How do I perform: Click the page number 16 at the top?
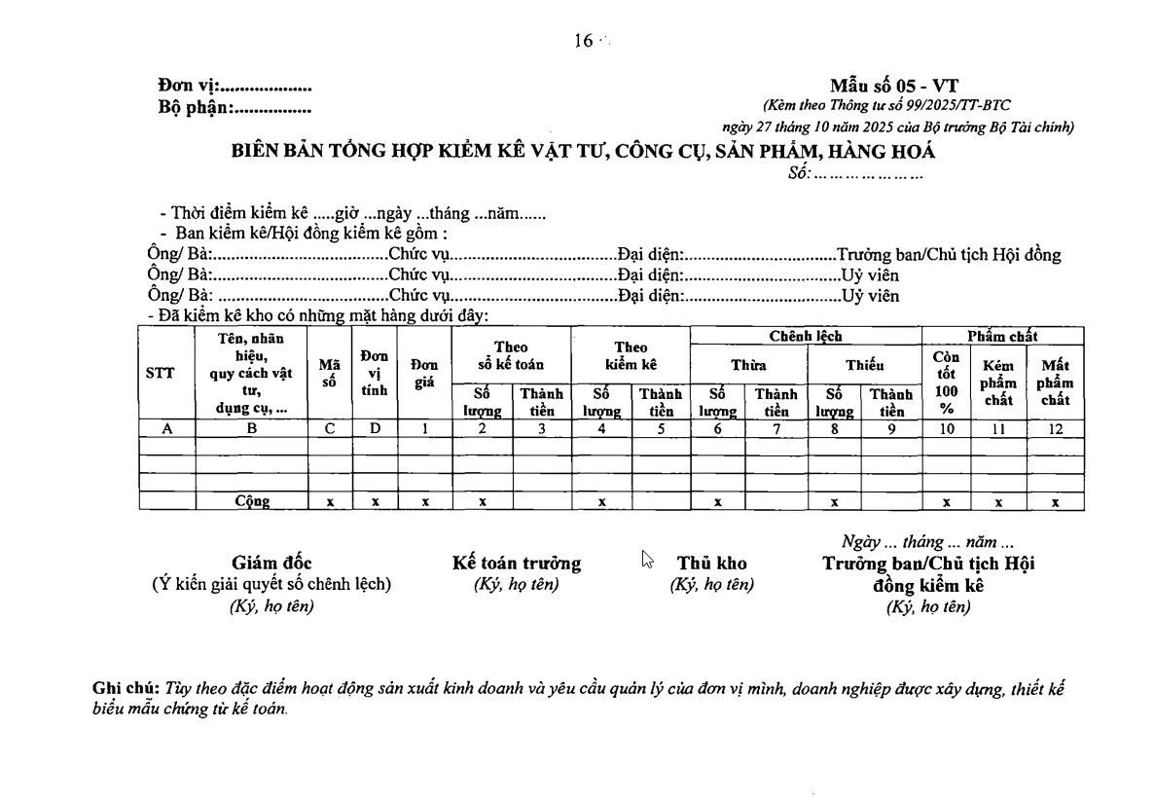[x=584, y=40]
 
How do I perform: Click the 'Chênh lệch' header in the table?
[x=805, y=336]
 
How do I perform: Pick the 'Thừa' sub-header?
[x=748, y=365]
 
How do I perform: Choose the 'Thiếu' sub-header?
[x=864, y=365]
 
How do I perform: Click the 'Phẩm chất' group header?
[x=1002, y=336]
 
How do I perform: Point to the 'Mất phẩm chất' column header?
[x=1055, y=382]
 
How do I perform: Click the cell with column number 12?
[x=1055, y=428]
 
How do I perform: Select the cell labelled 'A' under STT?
[x=166, y=428]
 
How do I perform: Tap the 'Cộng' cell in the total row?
[x=252, y=502]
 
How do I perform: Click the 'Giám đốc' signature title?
[x=271, y=564]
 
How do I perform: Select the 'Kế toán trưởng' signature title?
[x=517, y=564]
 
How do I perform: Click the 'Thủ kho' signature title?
[x=712, y=564]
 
